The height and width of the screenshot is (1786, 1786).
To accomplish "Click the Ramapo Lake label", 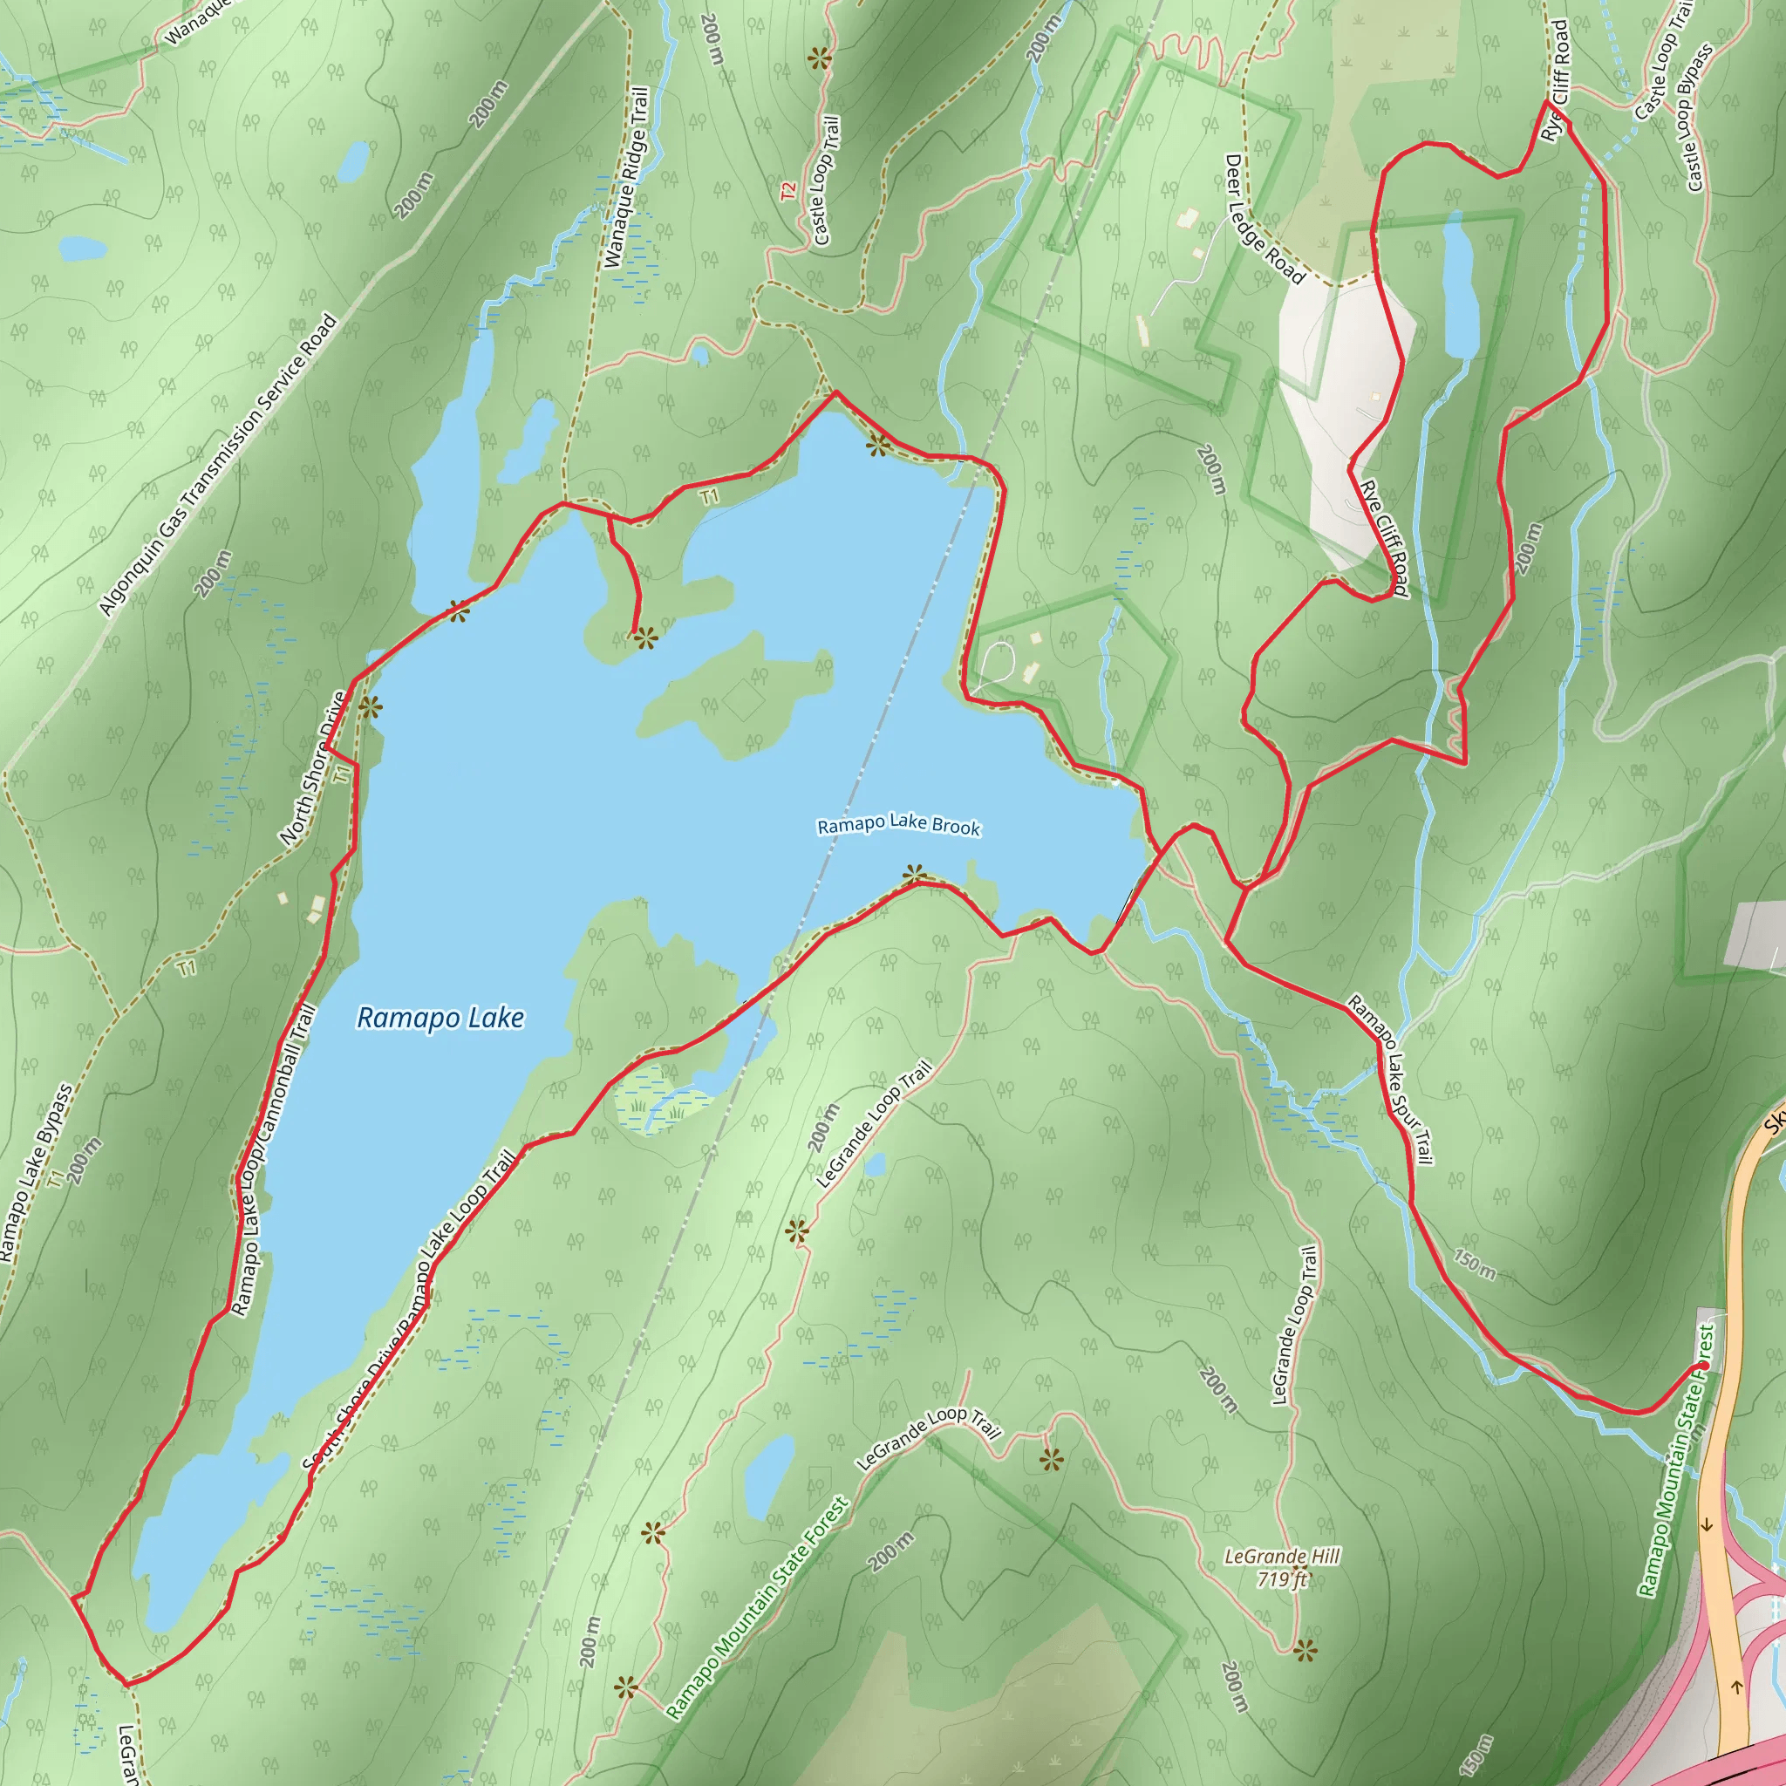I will pos(440,1018).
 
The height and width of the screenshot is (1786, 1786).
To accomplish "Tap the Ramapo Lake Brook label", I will pos(898,826).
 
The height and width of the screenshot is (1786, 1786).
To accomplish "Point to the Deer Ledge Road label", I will pos(1264,219).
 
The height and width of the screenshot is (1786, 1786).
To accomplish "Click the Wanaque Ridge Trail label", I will pos(627,178).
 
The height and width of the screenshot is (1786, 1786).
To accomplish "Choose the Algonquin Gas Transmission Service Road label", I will pos(218,466).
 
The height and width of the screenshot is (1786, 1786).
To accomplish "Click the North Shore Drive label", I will pos(313,769).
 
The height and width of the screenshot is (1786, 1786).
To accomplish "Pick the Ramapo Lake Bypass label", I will pos(37,1173).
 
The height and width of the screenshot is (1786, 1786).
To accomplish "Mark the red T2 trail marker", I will pos(787,191).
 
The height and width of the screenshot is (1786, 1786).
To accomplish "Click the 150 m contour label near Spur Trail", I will pos(1474,1265).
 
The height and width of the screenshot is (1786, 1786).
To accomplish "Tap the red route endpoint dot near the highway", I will pos(1703,1367).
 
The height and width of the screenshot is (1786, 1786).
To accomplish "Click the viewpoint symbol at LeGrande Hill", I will pos(1305,1650).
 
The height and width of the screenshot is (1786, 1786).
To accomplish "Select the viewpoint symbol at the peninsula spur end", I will pos(644,637).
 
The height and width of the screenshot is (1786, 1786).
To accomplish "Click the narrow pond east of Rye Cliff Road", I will pos(1460,287).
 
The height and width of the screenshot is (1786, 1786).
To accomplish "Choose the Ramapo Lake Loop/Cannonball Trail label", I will pos(275,1159).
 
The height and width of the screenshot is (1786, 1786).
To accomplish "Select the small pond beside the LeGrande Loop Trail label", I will pos(874,1164).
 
